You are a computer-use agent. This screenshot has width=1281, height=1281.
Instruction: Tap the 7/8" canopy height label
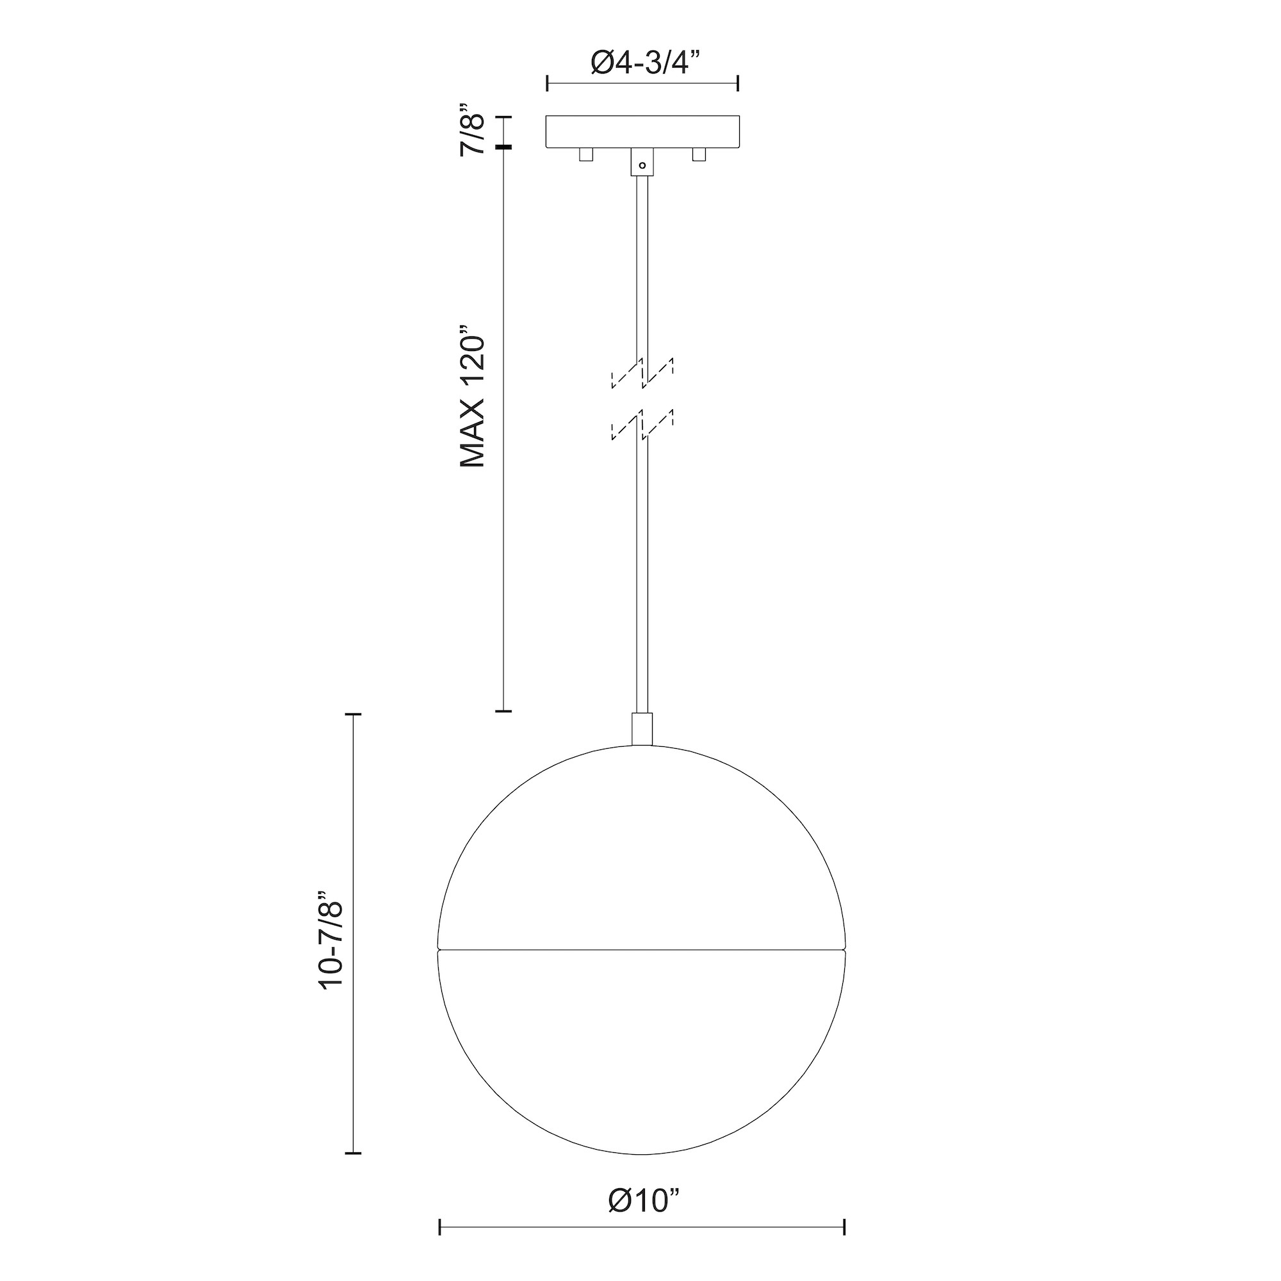[473, 129]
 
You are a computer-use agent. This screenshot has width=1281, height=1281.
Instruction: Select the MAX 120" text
[473, 396]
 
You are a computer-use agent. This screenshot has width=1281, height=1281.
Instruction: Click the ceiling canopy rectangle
[642, 132]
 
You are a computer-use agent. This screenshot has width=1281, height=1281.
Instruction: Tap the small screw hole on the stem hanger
[642, 165]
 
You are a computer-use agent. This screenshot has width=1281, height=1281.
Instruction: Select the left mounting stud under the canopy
[585, 154]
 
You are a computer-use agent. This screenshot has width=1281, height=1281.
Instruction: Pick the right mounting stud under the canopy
[698, 154]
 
